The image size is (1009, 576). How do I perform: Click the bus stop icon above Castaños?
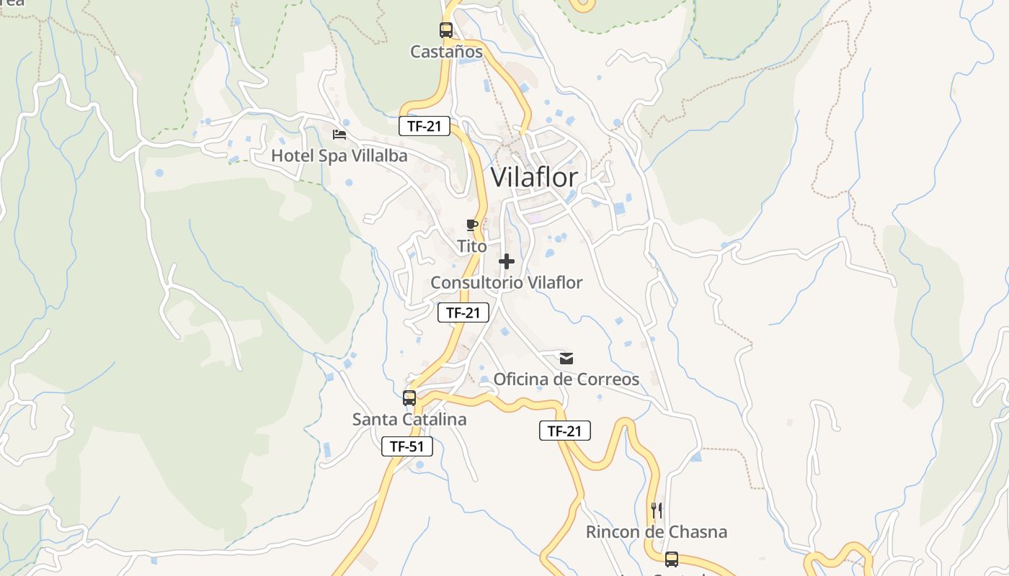click(446, 30)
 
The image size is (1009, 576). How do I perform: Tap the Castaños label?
click(446, 52)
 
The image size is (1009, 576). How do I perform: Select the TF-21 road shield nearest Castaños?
click(425, 127)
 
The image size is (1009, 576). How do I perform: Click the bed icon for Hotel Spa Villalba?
click(339, 135)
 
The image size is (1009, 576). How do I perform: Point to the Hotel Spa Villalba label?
click(339, 156)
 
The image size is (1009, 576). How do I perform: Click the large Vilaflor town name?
click(534, 177)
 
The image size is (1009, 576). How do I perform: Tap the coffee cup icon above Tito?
click(472, 225)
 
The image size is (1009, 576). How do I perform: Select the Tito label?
click(472, 246)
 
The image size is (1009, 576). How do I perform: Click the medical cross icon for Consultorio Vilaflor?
click(507, 261)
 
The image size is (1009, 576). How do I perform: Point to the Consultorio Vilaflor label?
click(506, 282)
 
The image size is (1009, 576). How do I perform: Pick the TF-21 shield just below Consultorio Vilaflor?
click(463, 312)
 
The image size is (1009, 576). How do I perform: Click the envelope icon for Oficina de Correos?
click(566, 358)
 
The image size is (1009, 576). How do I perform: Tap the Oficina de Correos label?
click(566, 379)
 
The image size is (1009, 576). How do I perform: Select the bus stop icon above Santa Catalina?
click(409, 398)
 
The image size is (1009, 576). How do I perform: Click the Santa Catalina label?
click(409, 419)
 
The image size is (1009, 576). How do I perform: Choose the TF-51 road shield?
click(407, 446)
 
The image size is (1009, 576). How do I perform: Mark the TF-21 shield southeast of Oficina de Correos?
click(565, 431)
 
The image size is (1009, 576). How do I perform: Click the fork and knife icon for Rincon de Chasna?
click(657, 510)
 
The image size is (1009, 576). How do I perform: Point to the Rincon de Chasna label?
click(656, 532)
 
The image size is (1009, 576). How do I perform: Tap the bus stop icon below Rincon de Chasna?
click(672, 559)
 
